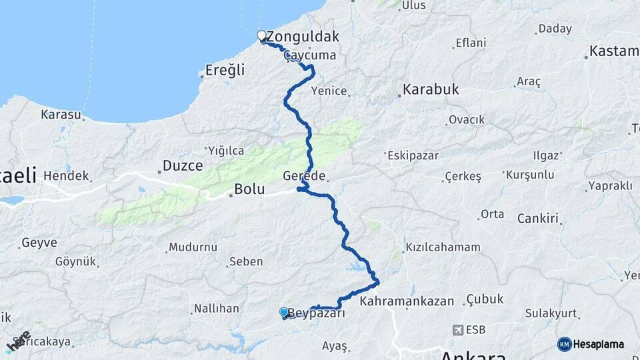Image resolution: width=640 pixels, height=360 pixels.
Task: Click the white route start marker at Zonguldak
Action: pyautogui.click(x=262, y=36)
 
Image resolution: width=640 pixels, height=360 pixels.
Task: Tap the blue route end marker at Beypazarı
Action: pyautogui.click(x=284, y=312)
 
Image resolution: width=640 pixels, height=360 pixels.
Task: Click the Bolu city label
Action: pyautogui.click(x=249, y=190)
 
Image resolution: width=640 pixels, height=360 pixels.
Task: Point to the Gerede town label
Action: pyautogui.click(x=304, y=176)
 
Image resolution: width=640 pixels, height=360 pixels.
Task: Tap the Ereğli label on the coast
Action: pyautogui.click(x=225, y=70)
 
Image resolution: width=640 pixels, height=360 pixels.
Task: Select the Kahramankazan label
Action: pyautogui.click(x=407, y=301)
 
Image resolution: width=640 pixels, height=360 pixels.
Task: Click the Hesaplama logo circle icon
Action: pyautogui.click(x=565, y=344)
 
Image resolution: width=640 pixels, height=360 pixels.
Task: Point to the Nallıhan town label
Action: pyautogui.click(x=216, y=309)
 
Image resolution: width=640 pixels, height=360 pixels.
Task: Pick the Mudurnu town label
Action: pyautogui.click(x=193, y=247)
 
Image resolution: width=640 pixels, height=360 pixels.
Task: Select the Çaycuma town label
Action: pyautogui.click(x=309, y=56)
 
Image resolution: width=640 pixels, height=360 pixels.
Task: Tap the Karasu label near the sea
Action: pyautogui.click(x=61, y=115)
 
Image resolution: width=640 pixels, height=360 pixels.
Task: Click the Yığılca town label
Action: pyautogui.click(x=226, y=151)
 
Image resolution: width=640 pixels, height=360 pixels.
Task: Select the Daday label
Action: pyautogui.click(x=555, y=29)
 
